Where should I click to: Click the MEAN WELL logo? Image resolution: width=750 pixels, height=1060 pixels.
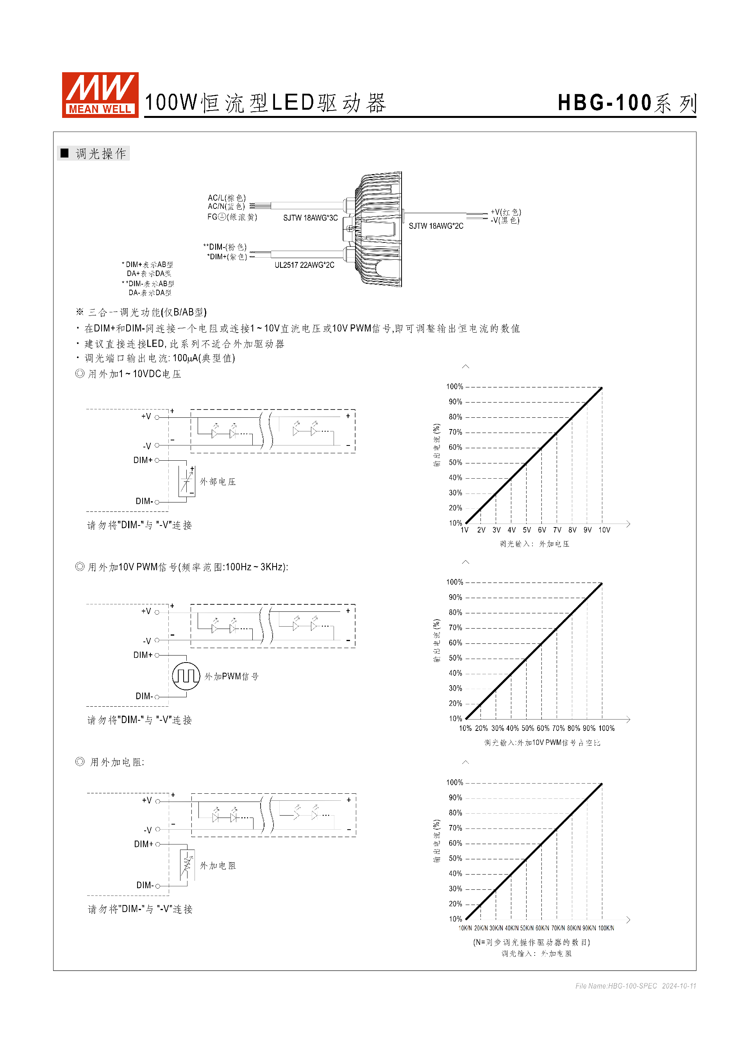[x=100, y=94]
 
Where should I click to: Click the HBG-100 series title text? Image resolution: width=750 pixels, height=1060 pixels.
[x=626, y=103]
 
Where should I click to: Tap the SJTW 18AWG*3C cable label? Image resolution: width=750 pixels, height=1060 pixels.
[x=310, y=218]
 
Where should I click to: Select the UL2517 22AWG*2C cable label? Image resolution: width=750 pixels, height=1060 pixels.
[x=304, y=265]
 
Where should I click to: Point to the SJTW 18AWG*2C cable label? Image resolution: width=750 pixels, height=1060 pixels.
[x=436, y=226]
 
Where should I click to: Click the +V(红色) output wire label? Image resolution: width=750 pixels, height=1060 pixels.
[x=506, y=212]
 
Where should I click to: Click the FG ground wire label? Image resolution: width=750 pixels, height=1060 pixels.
[x=232, y=217]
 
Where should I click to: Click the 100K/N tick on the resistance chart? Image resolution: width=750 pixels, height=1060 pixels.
[x=606, y=928]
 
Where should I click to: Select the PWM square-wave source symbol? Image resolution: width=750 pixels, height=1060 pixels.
[x=186, y=676]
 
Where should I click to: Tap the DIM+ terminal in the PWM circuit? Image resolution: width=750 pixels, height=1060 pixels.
[x=143, y=655]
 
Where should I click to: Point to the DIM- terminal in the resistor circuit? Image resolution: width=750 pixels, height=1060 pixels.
[x=145, y=885]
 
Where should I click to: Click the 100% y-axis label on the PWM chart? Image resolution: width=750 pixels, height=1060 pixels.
[x=454, y=582]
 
